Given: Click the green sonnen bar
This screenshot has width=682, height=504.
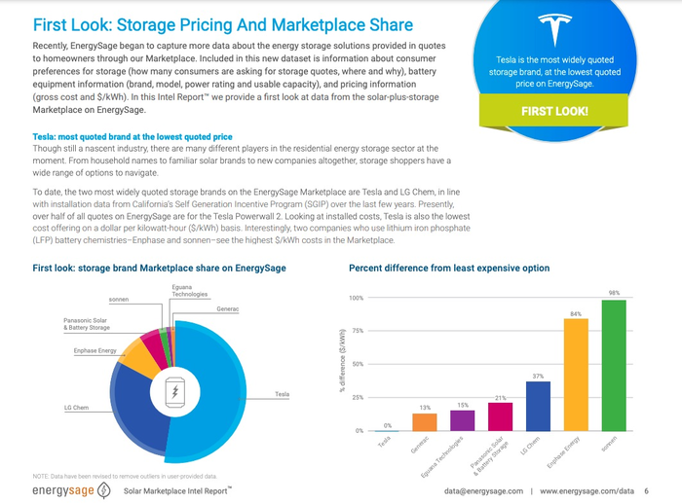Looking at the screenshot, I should point(614,366).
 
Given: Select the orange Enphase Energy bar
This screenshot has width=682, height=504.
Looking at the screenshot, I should point(576,375).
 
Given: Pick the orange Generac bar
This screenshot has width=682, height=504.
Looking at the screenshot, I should point(424,421).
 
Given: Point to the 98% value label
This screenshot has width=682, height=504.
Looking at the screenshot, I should point(614,294).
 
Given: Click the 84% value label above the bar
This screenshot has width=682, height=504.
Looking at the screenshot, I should point(576,313).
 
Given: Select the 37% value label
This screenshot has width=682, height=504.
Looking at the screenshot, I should point(538,376).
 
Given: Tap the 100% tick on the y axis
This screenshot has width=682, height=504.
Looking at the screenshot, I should point(356,299).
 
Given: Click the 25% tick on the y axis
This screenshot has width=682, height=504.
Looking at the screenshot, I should point(357,398).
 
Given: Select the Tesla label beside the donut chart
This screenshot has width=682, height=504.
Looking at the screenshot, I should point(282,394).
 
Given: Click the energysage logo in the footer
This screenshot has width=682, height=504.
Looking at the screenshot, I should point(63,489).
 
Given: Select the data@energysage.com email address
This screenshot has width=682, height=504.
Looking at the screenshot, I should point(480,490).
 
